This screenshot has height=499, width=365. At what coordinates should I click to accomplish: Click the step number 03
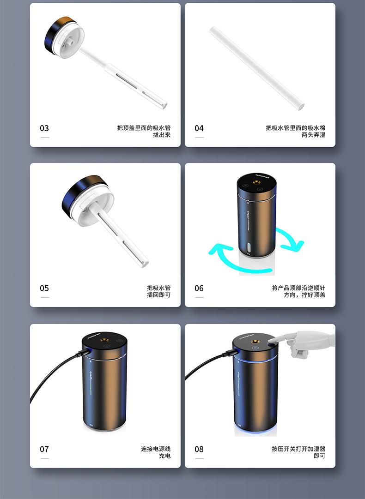(x=44, y=128)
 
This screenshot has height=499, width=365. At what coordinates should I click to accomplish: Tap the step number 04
(x=199, y=128)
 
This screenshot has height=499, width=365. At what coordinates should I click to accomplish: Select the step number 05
(x=44, y=289)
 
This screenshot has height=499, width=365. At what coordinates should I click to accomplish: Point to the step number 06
(x=199, y=289)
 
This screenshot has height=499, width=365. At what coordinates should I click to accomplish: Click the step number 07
(x=44, y=449)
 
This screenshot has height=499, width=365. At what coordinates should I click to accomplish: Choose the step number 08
(x=199, y=449)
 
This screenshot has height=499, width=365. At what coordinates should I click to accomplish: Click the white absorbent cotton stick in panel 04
(x=257, y=68)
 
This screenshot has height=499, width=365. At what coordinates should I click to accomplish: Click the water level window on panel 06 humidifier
(x=249, y=248)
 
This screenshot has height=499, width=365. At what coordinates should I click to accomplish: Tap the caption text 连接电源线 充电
(x=156, y=452)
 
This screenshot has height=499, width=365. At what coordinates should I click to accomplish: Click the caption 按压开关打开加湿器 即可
(x=298, y=452)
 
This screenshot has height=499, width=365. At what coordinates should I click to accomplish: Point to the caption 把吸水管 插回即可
(x=158, y=292)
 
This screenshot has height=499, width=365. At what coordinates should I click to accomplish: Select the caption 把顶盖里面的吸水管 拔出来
(x=144, y=132)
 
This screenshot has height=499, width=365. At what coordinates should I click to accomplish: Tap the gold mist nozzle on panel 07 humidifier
(x=104, y=340)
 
